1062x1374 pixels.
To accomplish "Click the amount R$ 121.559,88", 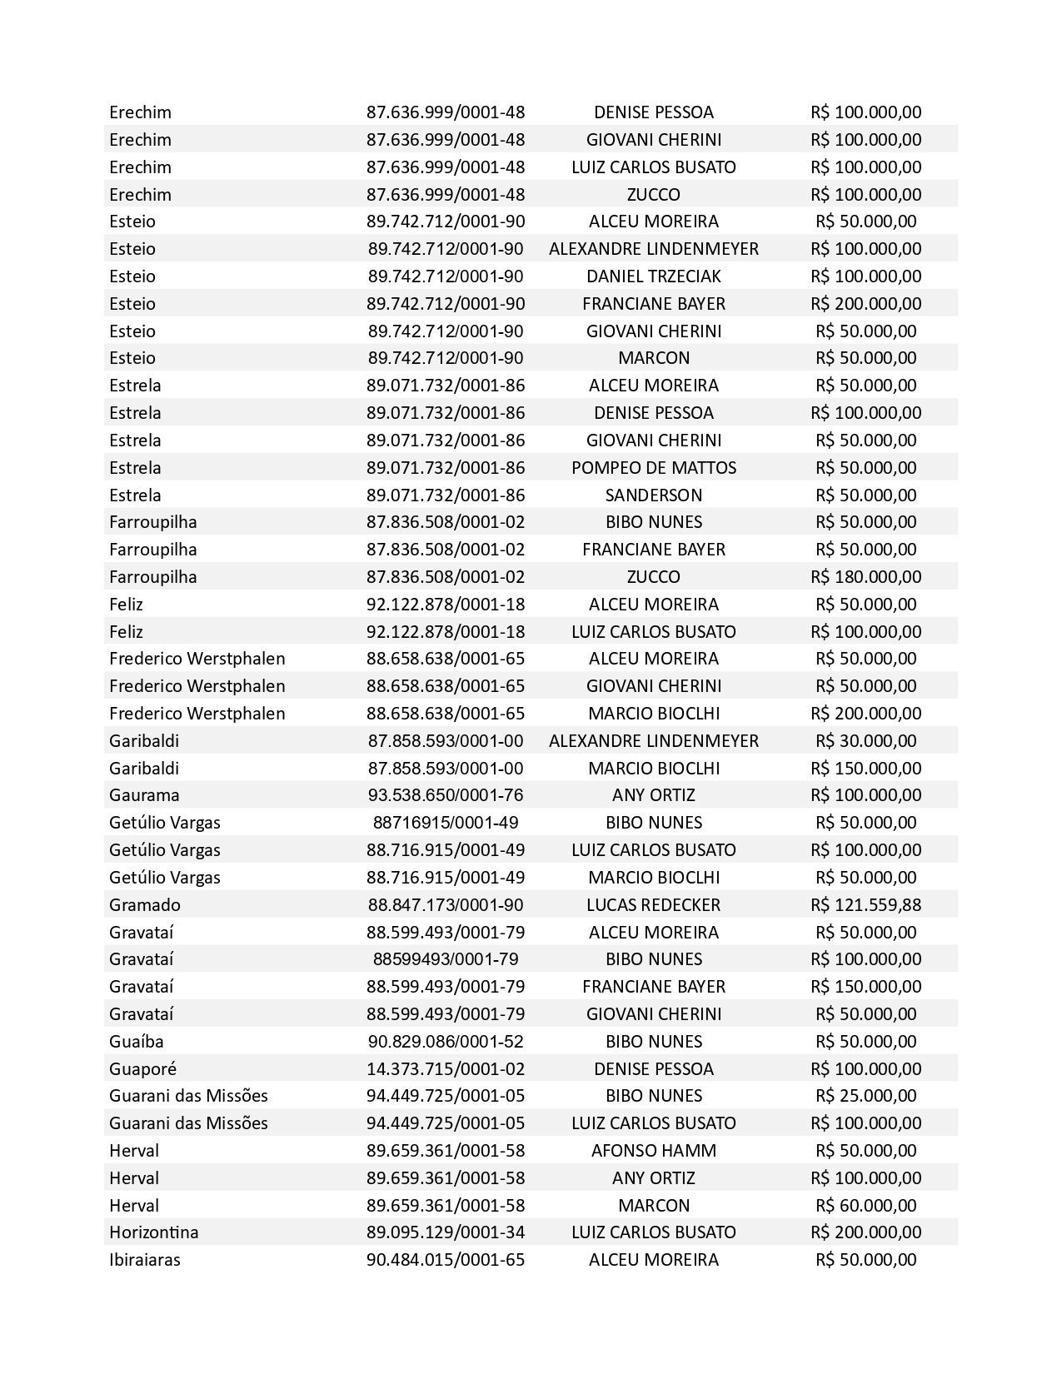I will click(x=865, y=904).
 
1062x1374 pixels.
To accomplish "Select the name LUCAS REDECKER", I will click(x=653, y=904).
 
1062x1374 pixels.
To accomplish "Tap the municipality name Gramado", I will click(x=144, y=904).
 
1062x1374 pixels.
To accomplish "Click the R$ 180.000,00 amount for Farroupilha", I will click(x=865, y=576).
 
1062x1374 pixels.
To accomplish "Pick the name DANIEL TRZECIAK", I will click(x=653, y=276).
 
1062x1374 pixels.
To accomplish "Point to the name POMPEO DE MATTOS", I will click(x=653, y=467).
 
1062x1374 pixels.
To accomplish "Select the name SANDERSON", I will click(x=653, y=495).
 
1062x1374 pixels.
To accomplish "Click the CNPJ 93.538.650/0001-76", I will click(x=446, y=794).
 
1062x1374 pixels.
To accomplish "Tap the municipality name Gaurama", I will click(x=144, y=794).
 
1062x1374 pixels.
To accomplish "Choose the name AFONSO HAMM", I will click(x=653, y=1150).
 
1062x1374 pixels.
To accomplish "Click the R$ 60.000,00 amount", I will click(x=865, y=1205).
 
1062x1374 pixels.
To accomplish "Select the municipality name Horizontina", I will click(x=153, y=1232).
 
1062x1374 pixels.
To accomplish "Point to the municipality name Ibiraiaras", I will click(x=144, y=1259).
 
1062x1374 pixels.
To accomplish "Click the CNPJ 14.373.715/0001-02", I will click(x=446, y=1068).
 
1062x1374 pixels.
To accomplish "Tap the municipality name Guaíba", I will click(x=136, y=1041).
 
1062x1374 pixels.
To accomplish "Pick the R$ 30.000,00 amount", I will click(x=865, y=740).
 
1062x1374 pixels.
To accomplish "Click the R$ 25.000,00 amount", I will click(x=865, y=1095).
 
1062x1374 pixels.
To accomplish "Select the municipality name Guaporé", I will click(x=142, y=1068).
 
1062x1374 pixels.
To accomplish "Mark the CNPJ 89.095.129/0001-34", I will click(x=446, y=1232).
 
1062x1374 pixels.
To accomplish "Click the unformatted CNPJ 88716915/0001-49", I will click(x=446, y=822).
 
